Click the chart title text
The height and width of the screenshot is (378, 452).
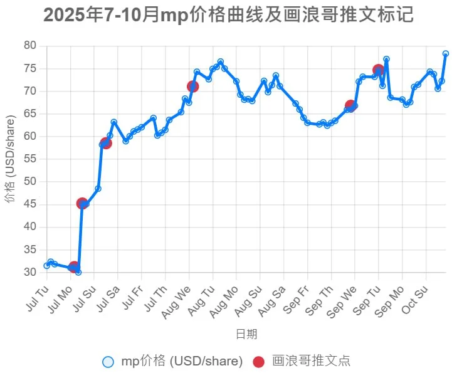pyautogui.click(x=229, y=15)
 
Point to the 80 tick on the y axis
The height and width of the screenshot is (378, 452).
pyautogui.click(x=30, y=46)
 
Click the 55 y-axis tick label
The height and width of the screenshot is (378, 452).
pyautogui.click(x=30, y=159)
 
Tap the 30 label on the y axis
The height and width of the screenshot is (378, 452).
pyautogui.click(x=30, y=273)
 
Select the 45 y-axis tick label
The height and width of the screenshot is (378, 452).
pyautogui.click(x=30, y=204)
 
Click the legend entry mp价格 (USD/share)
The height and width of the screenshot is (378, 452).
pyautogui.click(x=172, y=361)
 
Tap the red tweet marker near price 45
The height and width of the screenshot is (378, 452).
pyautogui.click(x=82, y=203)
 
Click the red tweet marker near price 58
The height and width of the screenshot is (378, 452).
pyautogui.click(x=106, y=143)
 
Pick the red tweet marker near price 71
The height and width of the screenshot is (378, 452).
pyautogui.click(x=192, y=86)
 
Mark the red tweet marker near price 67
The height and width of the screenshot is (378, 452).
pyautogui.click(x=351, y=106)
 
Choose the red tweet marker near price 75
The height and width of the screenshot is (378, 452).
pyautogui.click(x=379, y=70)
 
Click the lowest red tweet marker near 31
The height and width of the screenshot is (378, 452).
pyautogui.click(x=74, y=267)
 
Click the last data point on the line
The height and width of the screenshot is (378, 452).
pyautogui.click(x=446, y=54)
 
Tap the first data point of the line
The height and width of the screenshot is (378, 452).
pyautogui.click(x=46, y=266)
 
